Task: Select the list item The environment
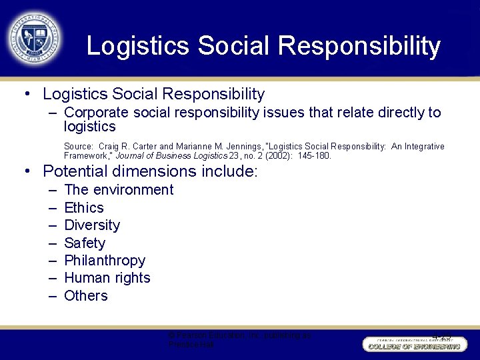pyautogui.click(x=119, y=190)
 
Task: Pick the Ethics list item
pyautogui.click(x=84, y=208)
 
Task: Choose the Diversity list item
pyautogui.click(x=92, y=225)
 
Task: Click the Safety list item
pyautogui.click(x=85, y=243)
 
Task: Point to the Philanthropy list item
pyautogui.click(x=105, y=261)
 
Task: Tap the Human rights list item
pyautogui.click(x=107, y=278)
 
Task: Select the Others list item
pyautogui.click(x=86, y=296)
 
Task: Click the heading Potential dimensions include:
pyautogui.click(x=150, y=171)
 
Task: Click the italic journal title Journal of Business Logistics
pyautogui.click(x=171, y=156)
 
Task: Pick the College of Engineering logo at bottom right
pyautogui.click(x=412, y=344)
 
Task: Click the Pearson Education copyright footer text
pyautogui.click(x=240, y=340)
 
